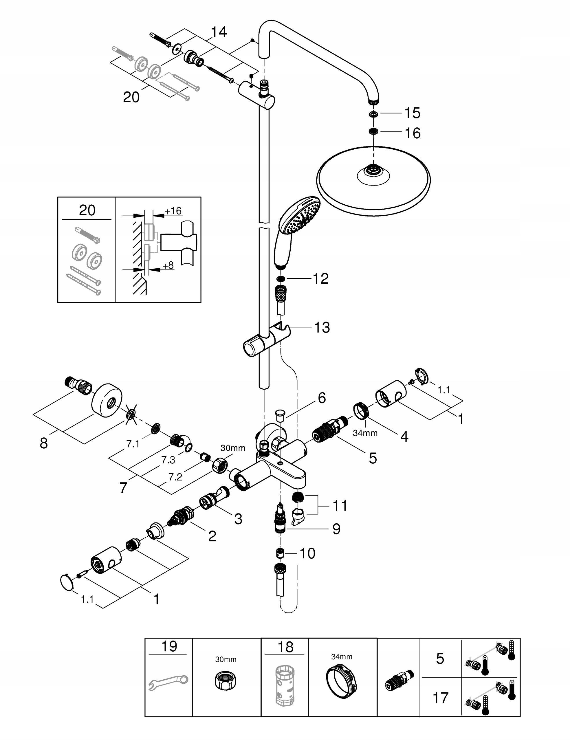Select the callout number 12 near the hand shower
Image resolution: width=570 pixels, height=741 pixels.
(321, 278)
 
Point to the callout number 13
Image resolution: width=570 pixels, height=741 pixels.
(322, 327)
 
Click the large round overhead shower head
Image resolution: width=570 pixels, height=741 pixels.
(373, 181)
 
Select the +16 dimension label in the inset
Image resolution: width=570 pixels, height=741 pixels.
(173, 211)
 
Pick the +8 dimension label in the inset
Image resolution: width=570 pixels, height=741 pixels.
(168, 265)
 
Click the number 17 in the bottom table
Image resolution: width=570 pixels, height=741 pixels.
(440, 698)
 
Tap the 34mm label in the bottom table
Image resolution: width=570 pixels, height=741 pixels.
(342, 656)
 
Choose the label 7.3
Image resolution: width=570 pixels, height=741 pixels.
(168, 460)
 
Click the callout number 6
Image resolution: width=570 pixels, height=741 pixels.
(322, 398)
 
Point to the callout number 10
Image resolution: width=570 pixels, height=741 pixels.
(307, 553)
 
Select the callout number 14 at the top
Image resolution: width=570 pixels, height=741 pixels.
(219, 32)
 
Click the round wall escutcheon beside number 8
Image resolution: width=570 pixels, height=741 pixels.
(107, 401)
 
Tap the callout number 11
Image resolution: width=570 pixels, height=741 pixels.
(340, 506)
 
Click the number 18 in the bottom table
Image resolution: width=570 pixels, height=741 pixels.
(285, 647)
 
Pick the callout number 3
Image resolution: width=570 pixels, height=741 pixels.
(238, 519)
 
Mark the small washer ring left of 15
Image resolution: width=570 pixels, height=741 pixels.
(373, 114)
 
